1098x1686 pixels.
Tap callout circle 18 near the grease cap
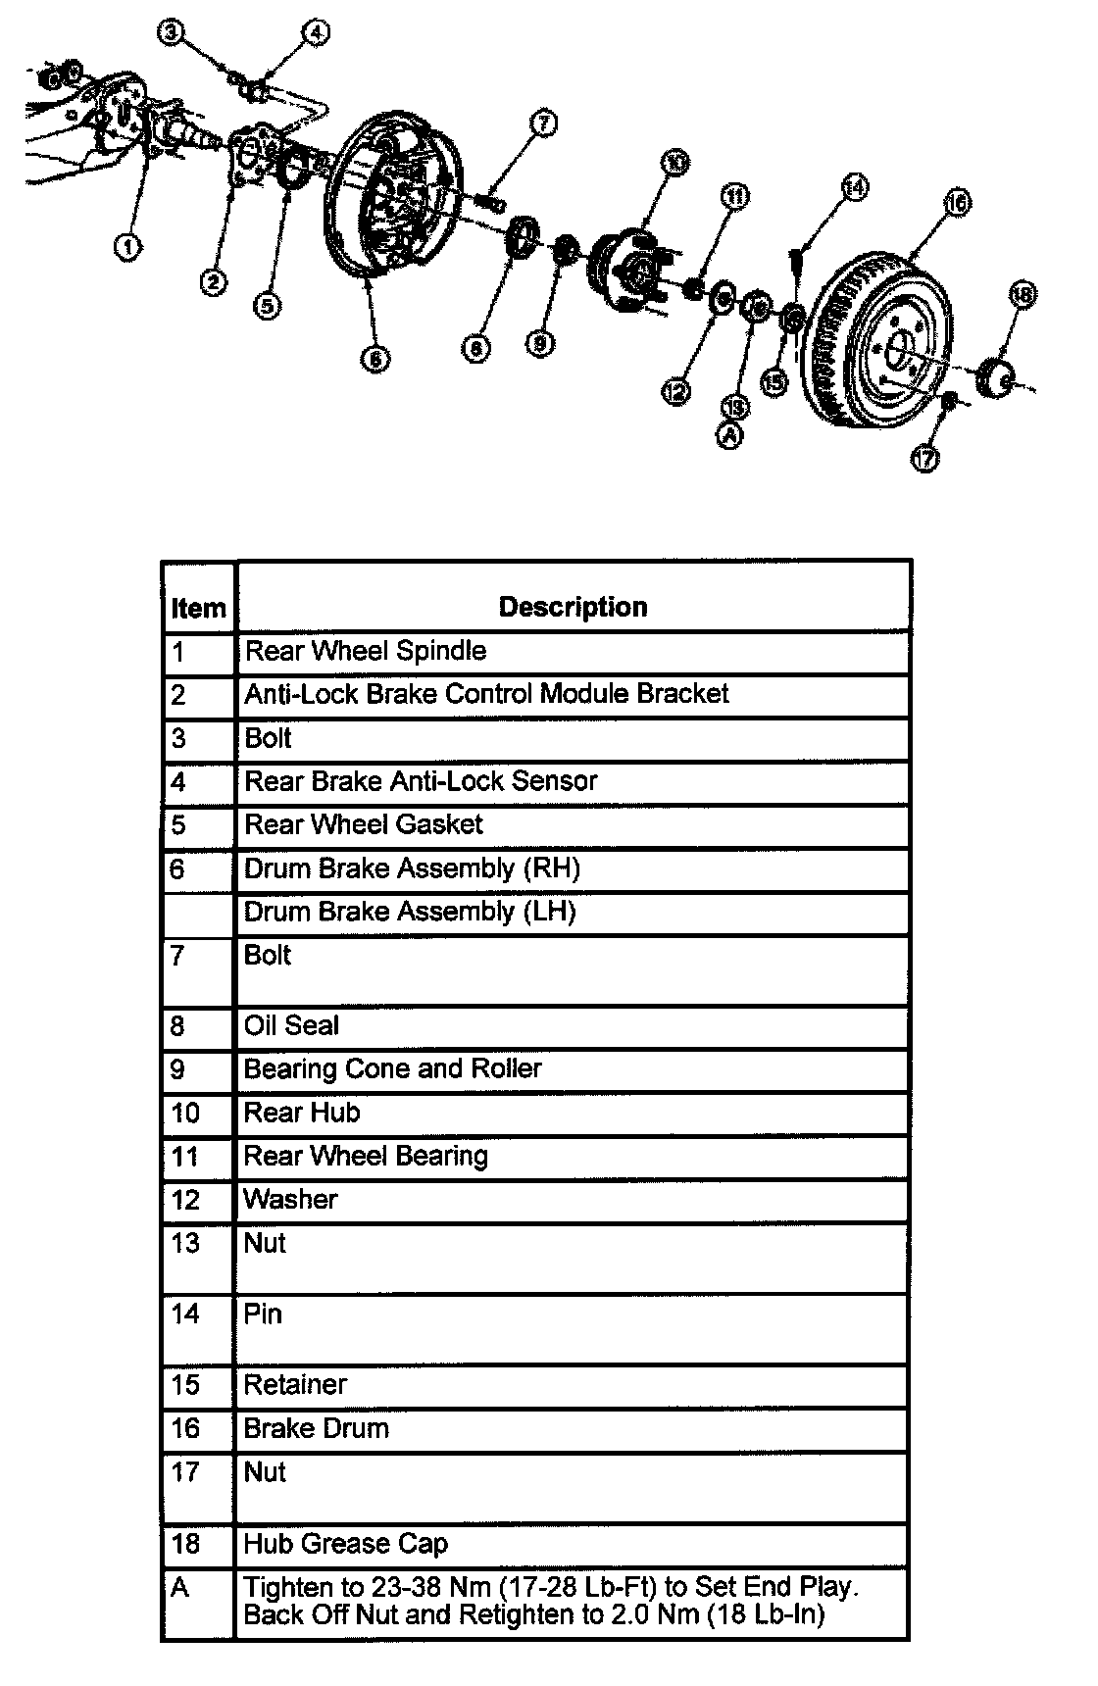1022,294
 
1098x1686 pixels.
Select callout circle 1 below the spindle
127,246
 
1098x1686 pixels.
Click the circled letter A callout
731,436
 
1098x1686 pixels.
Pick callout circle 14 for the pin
855,186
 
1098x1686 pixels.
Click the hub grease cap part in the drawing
999,379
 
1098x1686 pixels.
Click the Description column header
573,607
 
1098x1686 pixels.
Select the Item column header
198,609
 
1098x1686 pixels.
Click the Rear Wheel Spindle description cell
365,651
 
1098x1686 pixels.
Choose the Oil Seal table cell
291,1026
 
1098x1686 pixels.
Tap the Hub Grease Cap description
345,1544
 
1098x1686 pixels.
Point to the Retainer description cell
295,1384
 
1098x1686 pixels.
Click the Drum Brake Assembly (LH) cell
409,912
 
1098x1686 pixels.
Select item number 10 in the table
185,1113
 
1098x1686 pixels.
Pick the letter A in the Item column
179,1588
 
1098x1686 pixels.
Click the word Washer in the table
290,1199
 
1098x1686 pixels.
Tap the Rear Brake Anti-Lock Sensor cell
421,781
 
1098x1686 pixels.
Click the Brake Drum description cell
316,1428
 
